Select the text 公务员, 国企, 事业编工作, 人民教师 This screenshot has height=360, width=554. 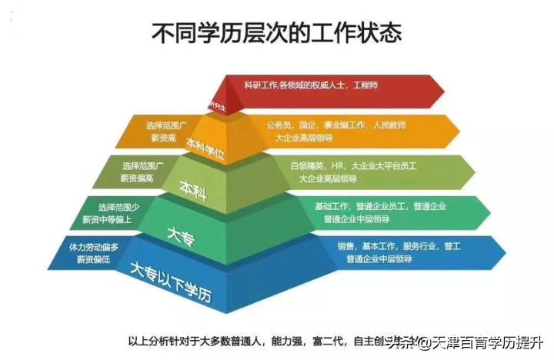335,125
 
